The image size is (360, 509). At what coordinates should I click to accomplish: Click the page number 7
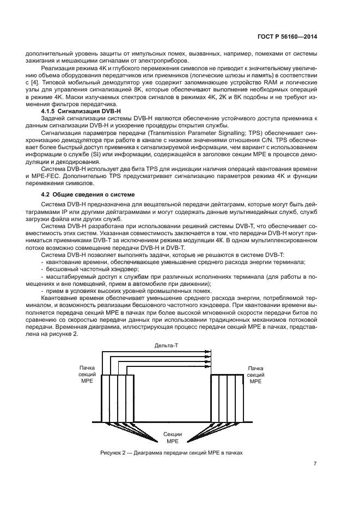(x=315, y=464)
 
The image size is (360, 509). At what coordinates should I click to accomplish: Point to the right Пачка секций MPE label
(x=255, y=375)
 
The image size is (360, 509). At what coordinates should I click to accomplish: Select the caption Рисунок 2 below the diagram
(x=170, y=452)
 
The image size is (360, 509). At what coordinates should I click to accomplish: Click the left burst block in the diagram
(x=118, y=397)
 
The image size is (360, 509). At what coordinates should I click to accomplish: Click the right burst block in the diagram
(x=227, y=397)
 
